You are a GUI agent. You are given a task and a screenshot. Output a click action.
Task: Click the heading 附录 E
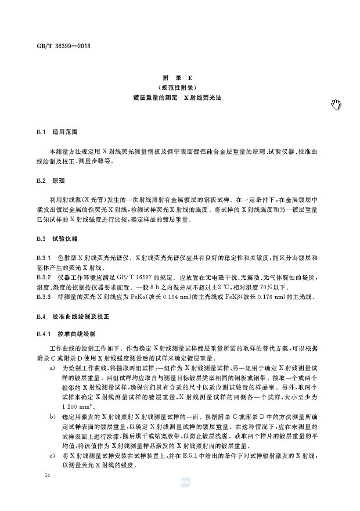point(180,77)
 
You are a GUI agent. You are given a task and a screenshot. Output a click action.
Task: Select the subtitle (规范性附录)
point(180,88)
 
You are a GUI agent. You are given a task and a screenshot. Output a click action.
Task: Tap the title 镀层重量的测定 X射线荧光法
point(180,99)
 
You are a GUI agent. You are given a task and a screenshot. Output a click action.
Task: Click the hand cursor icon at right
point(337,104)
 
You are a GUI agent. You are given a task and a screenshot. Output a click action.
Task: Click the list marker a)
point(52,368)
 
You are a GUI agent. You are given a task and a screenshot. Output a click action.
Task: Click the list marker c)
point(52,458)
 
